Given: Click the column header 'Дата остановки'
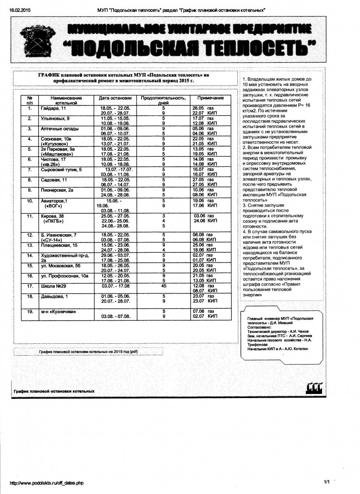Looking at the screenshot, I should pyautogui.click(x=115, y=98).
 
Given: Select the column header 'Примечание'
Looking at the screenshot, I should pyautogui.click(x=210, y=98).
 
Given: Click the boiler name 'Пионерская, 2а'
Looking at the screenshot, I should pyautogui.click(x=57, y=190).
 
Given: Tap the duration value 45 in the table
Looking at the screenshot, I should pyautogui.click(x=164, y=286).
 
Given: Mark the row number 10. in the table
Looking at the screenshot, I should pyautogui.click(x=30, y=200).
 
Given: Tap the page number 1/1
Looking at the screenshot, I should pyautogui.click(x=327, y=482).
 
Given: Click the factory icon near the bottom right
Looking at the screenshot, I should pyautogui.click(x=314, y=388).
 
